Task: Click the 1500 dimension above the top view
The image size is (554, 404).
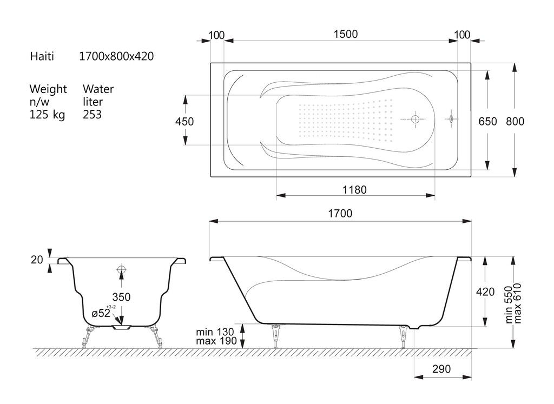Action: pyautogui.click(x=346, y=34)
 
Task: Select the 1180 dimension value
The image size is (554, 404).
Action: pyautogui.click(x=354, y=190)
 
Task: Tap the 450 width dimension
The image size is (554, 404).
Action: pyautogui.click(x=184, y=122)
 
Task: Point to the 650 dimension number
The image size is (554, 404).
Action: pyautogui.click(x=487, y=122)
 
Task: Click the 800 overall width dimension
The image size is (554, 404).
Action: pyautogui.click(x=515, y=122)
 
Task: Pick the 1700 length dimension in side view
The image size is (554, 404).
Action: pyautogui.click(x=340, y=213)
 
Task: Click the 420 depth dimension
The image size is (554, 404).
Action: pyautogui.click(x=485, y=292)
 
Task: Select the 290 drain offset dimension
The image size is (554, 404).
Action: pyautogui.click(x=441, y=369)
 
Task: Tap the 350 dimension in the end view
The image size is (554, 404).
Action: pyautogui.click(x=121, y=297)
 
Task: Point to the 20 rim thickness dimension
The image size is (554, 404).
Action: pyautogui.click(x=37, y=260)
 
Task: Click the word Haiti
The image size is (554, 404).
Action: pyautogui.click(x=42, y=56)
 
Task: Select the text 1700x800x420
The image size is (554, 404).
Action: pyautogui.click(x=116, y=56)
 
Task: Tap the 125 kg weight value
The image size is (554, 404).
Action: pyautogui.click(x=48, y=115)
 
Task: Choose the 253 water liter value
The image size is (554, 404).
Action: pyautogui.click(x=92, y=115)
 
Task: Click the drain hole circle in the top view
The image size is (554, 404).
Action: pyautogui.click(x=415, y=120)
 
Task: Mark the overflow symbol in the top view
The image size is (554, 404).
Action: pyautogui.click(x=451, y=119)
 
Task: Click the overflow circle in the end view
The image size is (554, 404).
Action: pyautogui.click(x=122, y=270)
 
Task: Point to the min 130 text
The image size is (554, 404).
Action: pyautogui.click(x=215, y=332)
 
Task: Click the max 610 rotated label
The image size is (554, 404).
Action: pyautogui.click(x=518, y=303)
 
